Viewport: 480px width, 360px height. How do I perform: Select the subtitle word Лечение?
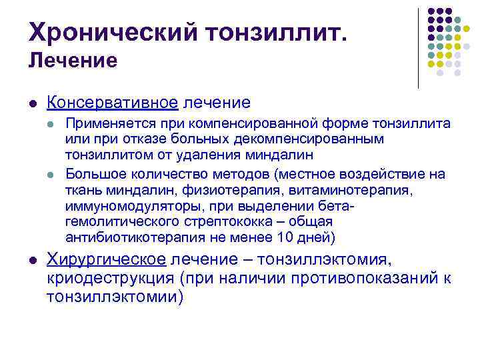tap(73, 61)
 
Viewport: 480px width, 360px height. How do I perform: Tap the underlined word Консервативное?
tap(112, 102)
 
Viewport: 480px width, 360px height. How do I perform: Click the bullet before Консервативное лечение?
tap(33, 103)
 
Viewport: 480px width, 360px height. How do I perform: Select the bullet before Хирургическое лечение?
tap(33, 259)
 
